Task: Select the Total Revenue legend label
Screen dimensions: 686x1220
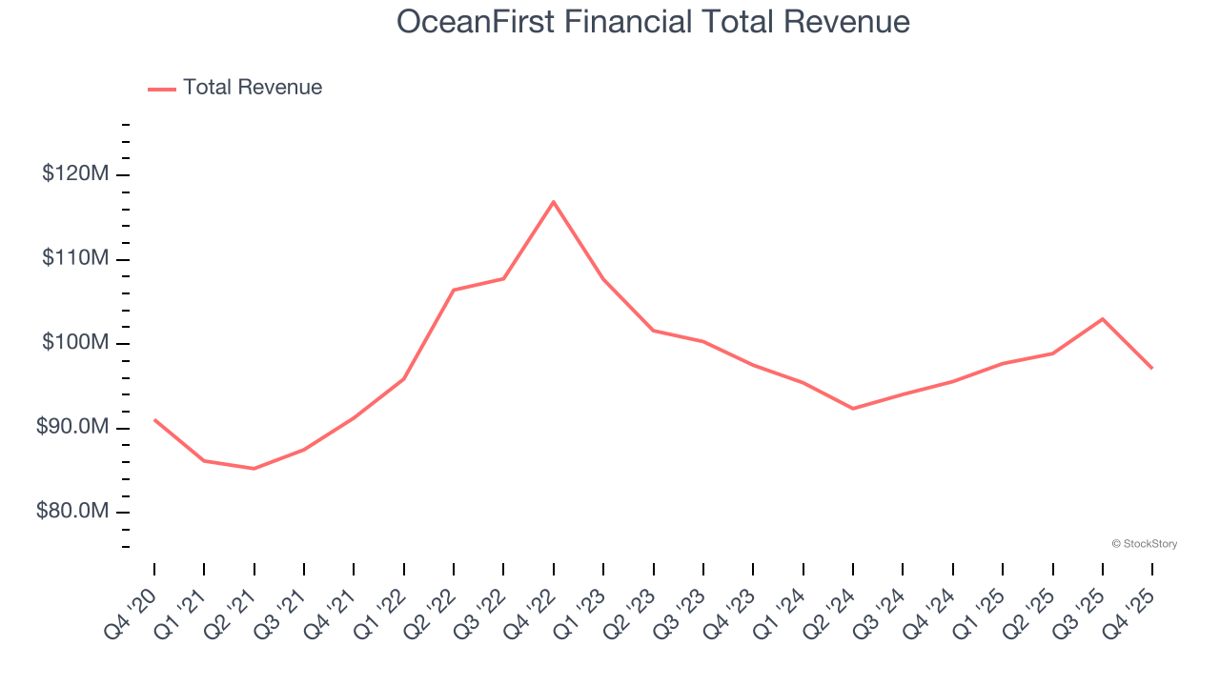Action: pos(253,88)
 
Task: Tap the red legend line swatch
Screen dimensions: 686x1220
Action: pos(162,89)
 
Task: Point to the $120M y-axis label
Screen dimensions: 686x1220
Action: pos(75,174)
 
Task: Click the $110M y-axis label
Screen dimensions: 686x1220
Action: pos(75,259)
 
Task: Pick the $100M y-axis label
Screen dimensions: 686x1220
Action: pos(75,343)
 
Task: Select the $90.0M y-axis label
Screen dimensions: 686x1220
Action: pos(72,428)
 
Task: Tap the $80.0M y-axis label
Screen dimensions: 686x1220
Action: pos(72,512)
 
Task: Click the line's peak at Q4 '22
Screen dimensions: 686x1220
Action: pos(554,202)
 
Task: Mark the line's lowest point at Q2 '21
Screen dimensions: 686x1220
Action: pos(254,469)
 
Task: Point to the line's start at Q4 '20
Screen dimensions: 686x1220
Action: pos(154,419)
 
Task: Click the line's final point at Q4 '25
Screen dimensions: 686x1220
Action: pos(1152,368)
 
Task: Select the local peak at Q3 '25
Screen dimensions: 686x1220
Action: pos(1103,318)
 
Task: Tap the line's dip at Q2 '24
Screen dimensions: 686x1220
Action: pos(853,409)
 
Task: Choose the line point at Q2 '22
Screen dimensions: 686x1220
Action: pos(454,290)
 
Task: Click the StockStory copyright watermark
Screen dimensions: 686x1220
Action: pos(1144,544)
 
